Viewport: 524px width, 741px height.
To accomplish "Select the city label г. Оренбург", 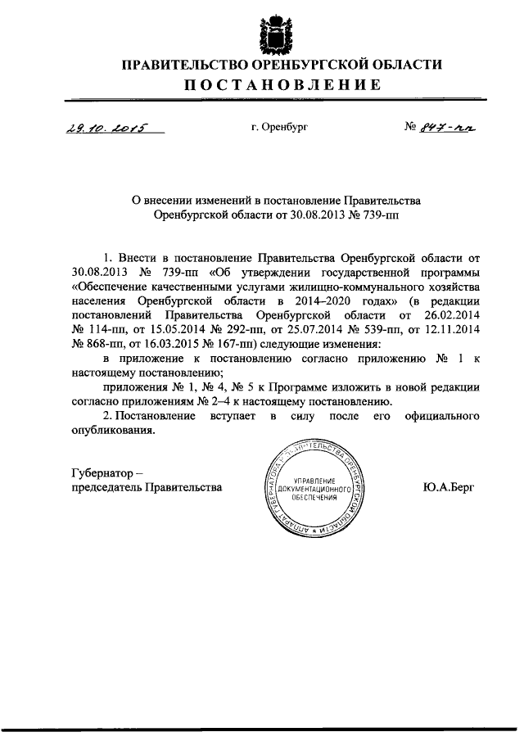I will pyautogui.click(x=280, y=127).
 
